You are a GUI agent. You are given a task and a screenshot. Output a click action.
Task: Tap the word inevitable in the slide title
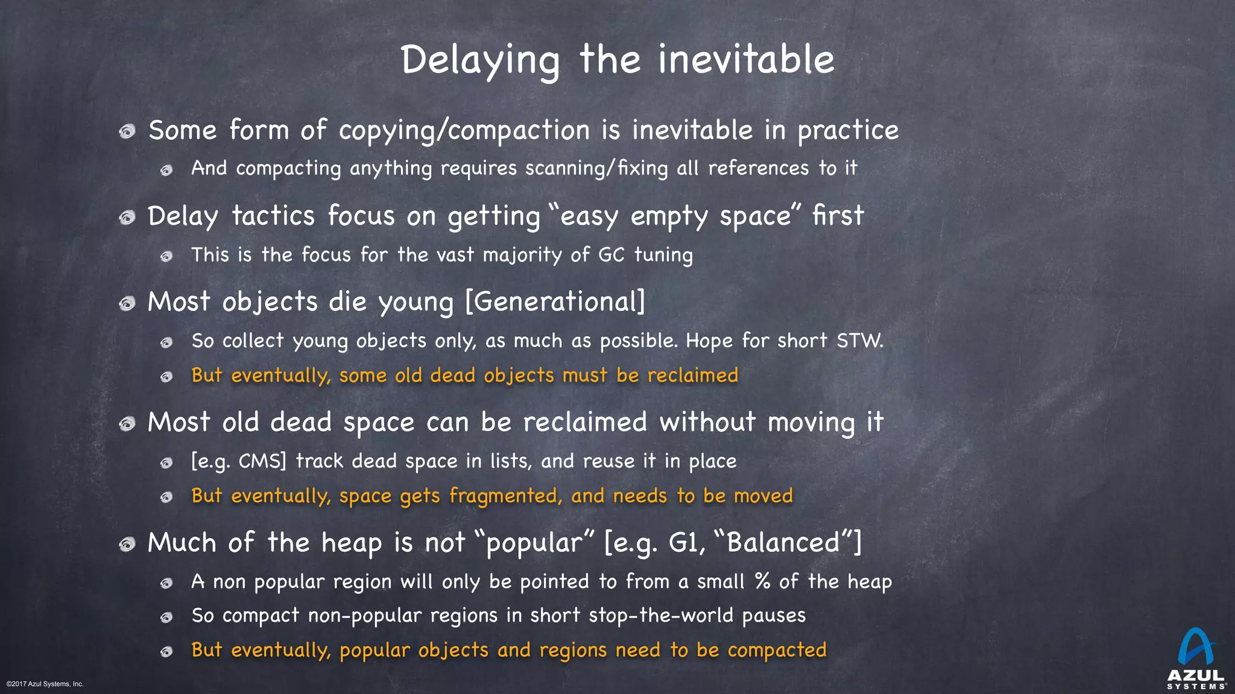746,60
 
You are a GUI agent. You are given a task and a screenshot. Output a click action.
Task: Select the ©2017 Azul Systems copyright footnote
45,684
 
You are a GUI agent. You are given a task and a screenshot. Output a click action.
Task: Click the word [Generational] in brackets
555,301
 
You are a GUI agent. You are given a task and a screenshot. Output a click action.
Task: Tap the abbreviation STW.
859,341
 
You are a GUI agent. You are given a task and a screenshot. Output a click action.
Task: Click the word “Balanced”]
788,543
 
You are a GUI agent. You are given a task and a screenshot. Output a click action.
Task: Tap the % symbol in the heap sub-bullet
762,581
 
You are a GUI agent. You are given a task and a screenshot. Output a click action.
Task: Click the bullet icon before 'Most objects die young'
127,303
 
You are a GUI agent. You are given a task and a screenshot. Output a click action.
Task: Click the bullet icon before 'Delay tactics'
127,217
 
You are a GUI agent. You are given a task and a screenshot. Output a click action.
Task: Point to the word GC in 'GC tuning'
611,255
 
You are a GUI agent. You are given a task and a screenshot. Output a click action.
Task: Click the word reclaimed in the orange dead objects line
692,375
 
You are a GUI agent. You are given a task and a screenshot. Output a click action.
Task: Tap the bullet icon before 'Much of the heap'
127,545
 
